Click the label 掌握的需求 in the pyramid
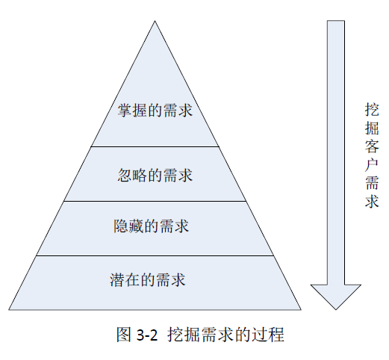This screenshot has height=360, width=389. coord(155,111)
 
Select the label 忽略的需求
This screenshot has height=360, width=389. coord(155,176)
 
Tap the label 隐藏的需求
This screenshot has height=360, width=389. coord(152,226)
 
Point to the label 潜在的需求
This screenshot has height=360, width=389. coord(148,280)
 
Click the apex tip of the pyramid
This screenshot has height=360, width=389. coord(155,21)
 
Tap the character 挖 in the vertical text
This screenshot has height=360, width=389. coord(372,110)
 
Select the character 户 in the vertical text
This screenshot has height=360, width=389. coord(372,164)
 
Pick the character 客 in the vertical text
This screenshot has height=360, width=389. coord(372,146)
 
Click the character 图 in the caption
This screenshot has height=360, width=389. coord(124,335)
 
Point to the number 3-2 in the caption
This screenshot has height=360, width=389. coord(147,335)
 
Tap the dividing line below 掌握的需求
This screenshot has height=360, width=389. coord(155,146)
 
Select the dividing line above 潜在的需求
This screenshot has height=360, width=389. coord(155,255)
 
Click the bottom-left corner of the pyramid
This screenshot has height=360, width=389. coord(9,310)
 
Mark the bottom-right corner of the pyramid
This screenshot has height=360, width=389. coord(301,310)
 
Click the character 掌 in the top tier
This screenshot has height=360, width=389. coord(125,111)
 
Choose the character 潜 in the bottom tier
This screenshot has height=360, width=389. coord(117,280)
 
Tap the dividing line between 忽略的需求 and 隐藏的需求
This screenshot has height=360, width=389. coord(155,201)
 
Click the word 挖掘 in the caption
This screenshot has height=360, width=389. coord(184,335)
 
